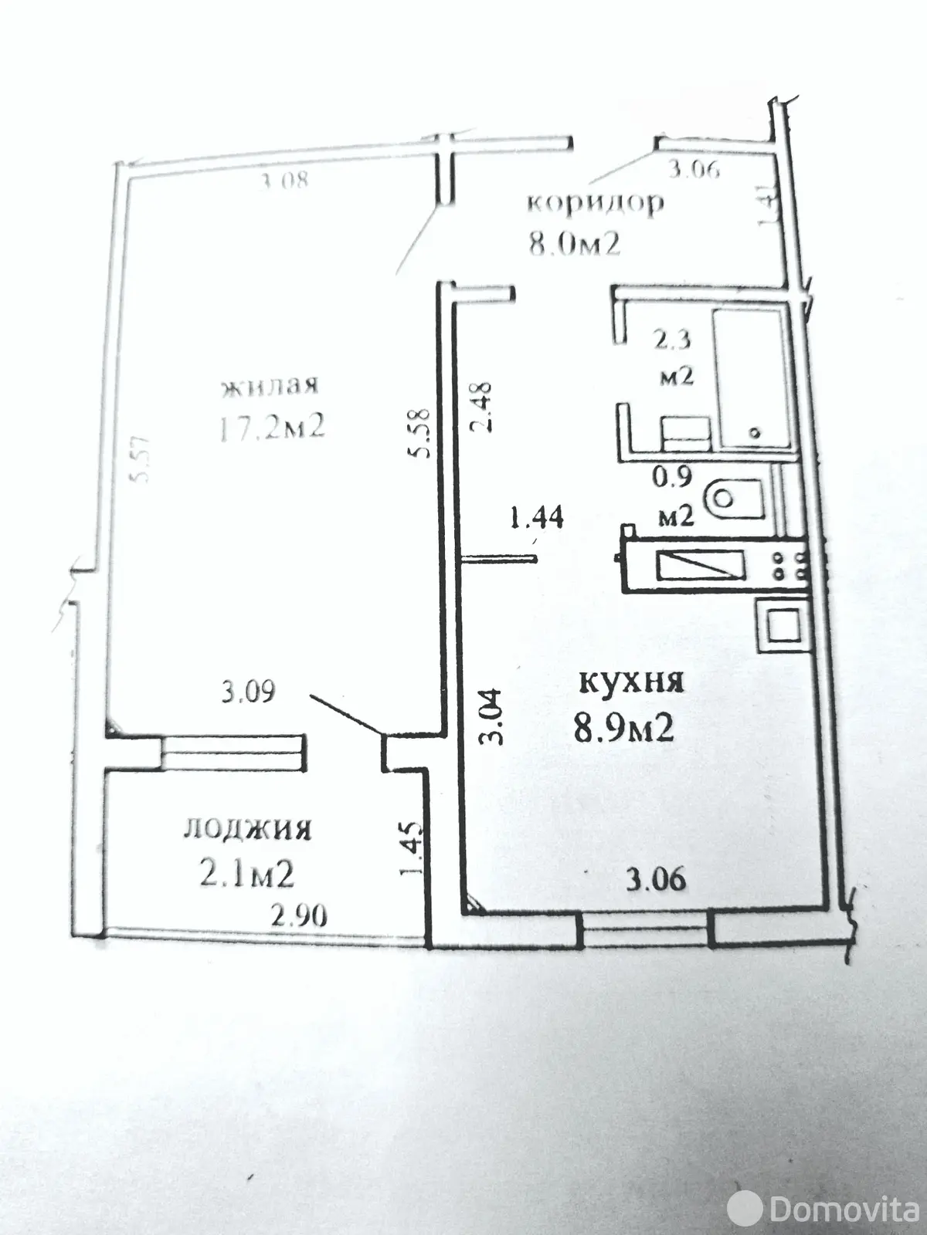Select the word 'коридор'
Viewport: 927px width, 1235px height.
coord(594,203)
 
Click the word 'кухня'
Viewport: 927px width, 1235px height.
coord(631,682)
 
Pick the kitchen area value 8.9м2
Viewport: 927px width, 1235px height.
coord(623,726)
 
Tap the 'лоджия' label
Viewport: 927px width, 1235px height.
coord(247,830)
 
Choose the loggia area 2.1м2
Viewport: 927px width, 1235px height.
coord(247,875)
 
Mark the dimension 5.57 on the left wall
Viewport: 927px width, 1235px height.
coord(141,459)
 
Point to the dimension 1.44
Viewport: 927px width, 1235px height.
coord(535,516)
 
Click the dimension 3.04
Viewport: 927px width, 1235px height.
coord(492,716)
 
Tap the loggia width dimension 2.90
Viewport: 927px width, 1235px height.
coord(298,915)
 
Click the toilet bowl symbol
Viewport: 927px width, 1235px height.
coord(734,499)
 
